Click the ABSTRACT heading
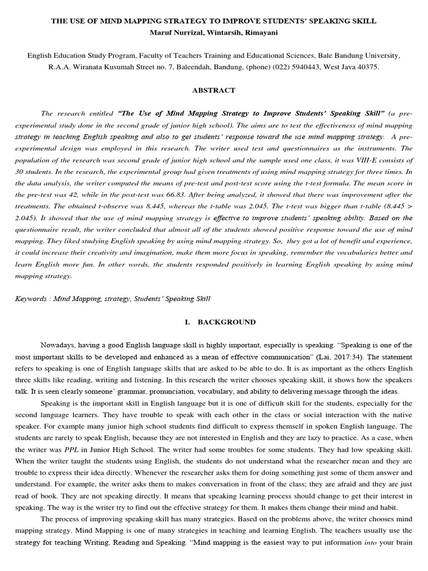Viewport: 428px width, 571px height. tap(213, 90)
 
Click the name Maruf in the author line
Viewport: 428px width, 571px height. tap(163, 33)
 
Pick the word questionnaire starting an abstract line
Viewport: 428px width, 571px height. tap(35, 230)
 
